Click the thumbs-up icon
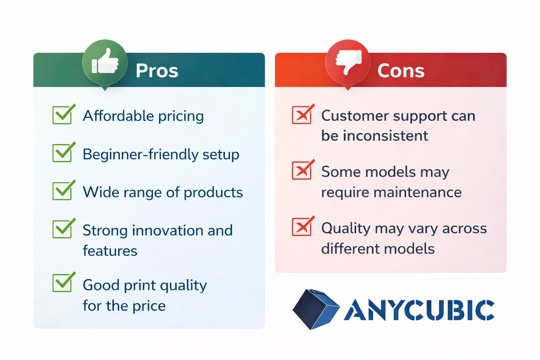click(x=105, y=61)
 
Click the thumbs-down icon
click(x=348, y=62)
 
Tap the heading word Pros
click(x=157, y=70)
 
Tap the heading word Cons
click(x=401, y=70)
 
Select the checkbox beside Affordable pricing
click(x=63, y=115)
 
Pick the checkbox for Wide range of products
click(x=63, y=191)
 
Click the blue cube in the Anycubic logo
click(x=316, y=309)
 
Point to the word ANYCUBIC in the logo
click(x=419, y=310)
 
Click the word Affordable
click(x=118, y=116)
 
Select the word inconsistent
click(x=385, y=135)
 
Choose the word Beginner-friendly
click(x=140, y=154)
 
